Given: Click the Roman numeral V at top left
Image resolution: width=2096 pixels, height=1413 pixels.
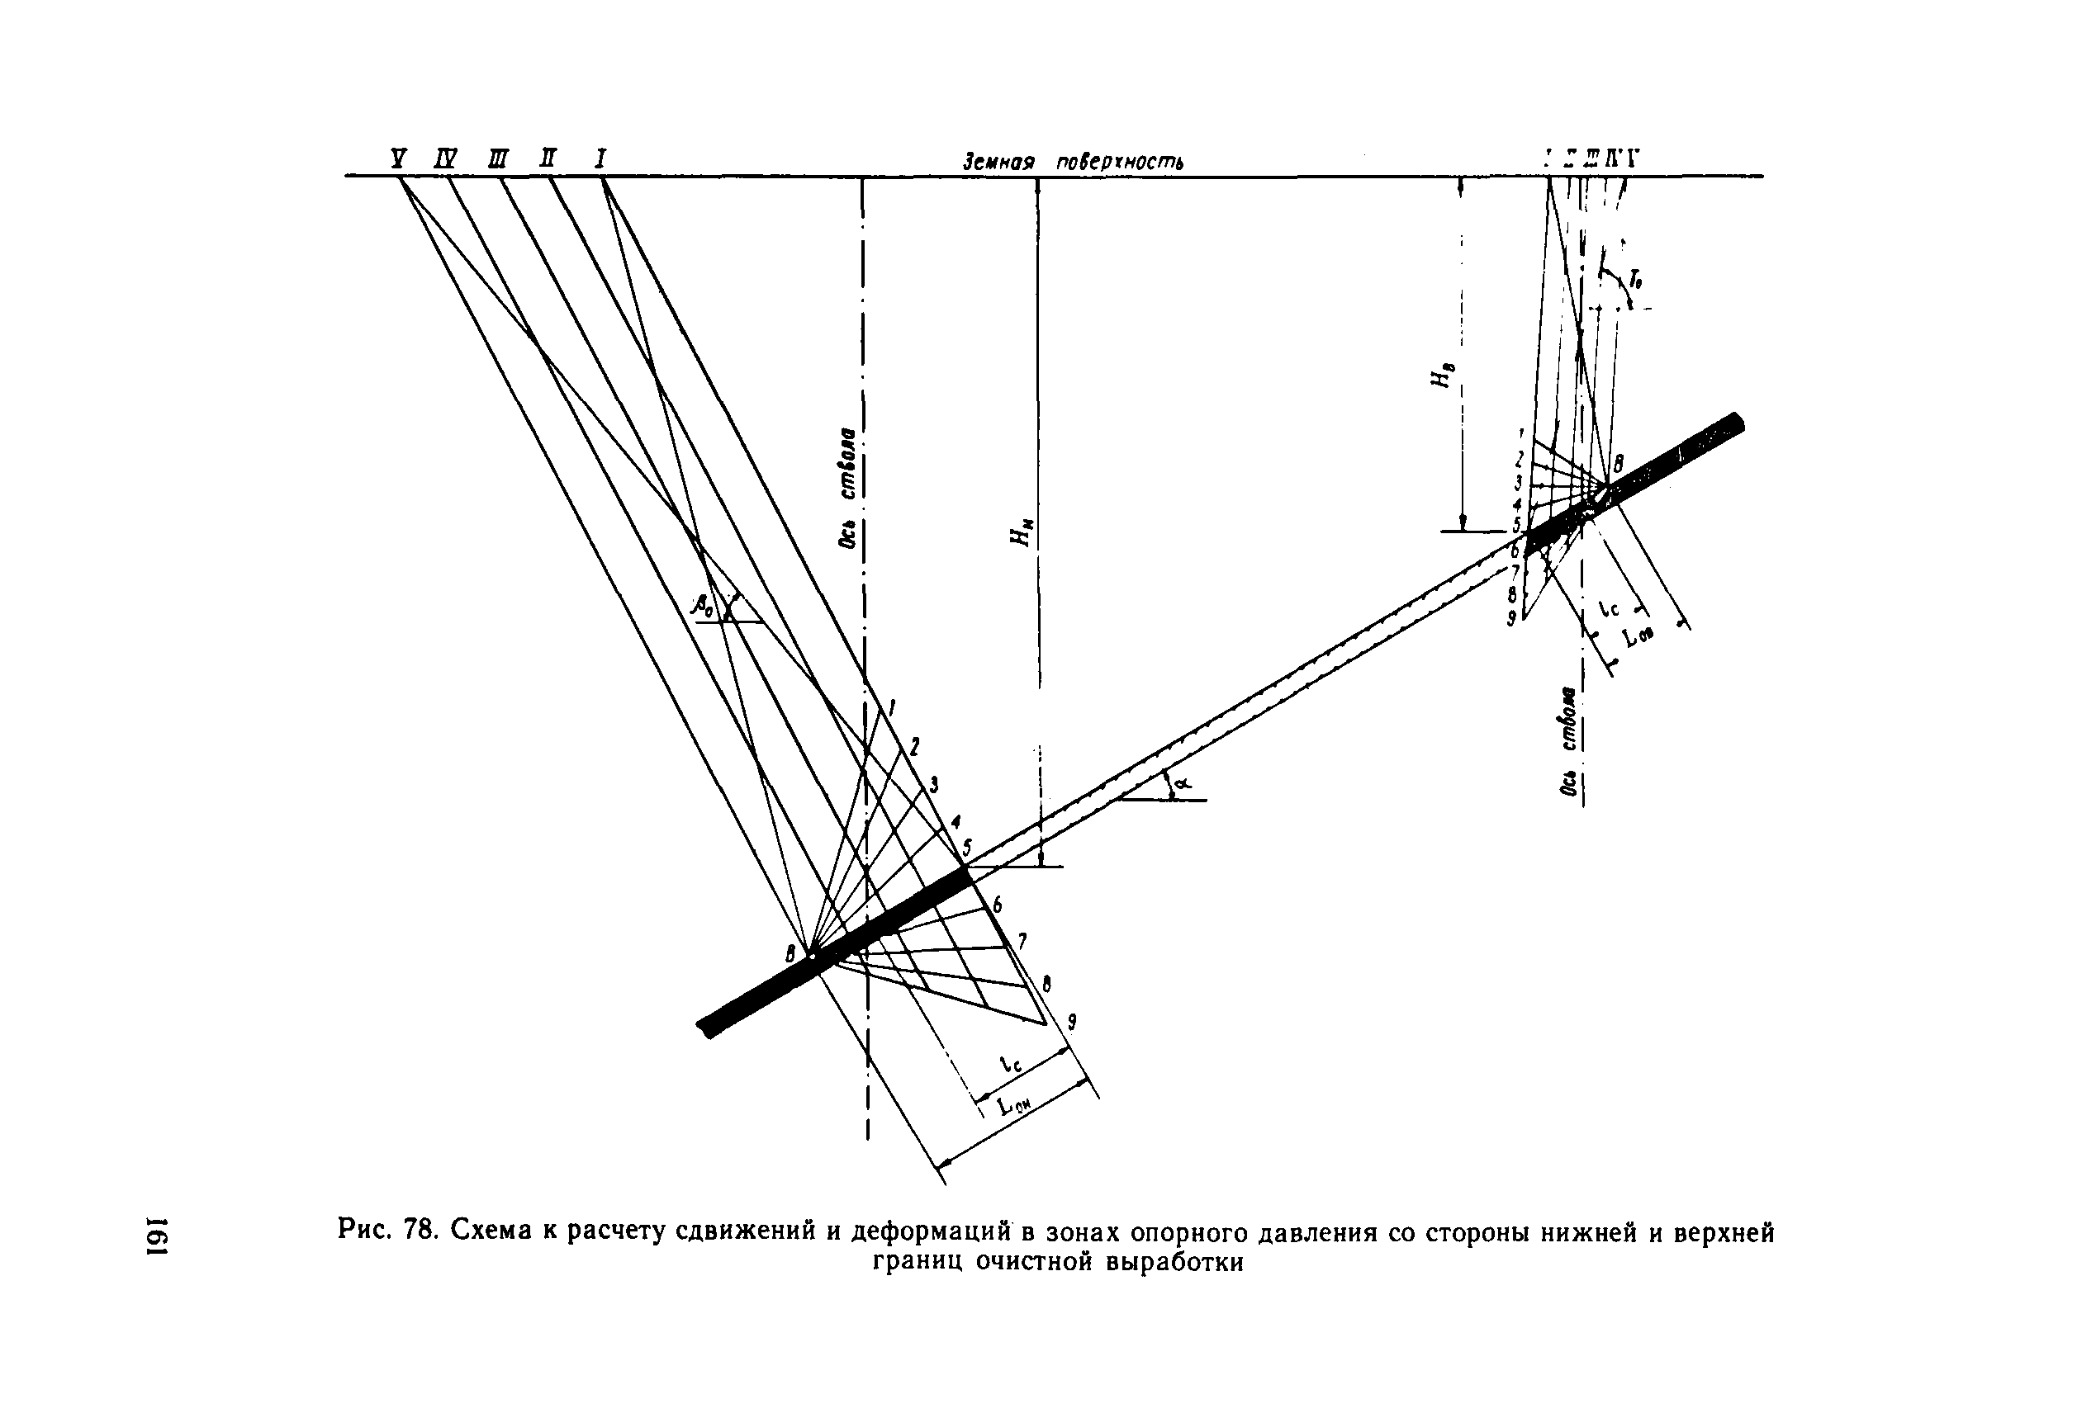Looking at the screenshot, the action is coord(397,160).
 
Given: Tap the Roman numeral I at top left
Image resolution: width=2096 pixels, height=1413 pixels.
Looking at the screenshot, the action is coord(600,160).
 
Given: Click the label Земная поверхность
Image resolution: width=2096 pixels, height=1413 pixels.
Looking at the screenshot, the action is coord(1073,163).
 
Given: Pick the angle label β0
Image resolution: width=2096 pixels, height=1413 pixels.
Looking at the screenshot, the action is coord(702,607).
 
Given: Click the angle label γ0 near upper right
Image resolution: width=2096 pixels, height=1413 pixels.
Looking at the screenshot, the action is coord(1635,279).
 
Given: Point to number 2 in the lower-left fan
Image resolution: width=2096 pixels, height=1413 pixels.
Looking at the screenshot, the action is coord(914,745).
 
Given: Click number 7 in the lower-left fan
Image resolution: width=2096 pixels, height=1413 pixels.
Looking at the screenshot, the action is coord(1022,942).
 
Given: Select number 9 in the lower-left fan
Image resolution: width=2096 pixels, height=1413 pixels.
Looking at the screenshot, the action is coord(1072,1021).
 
